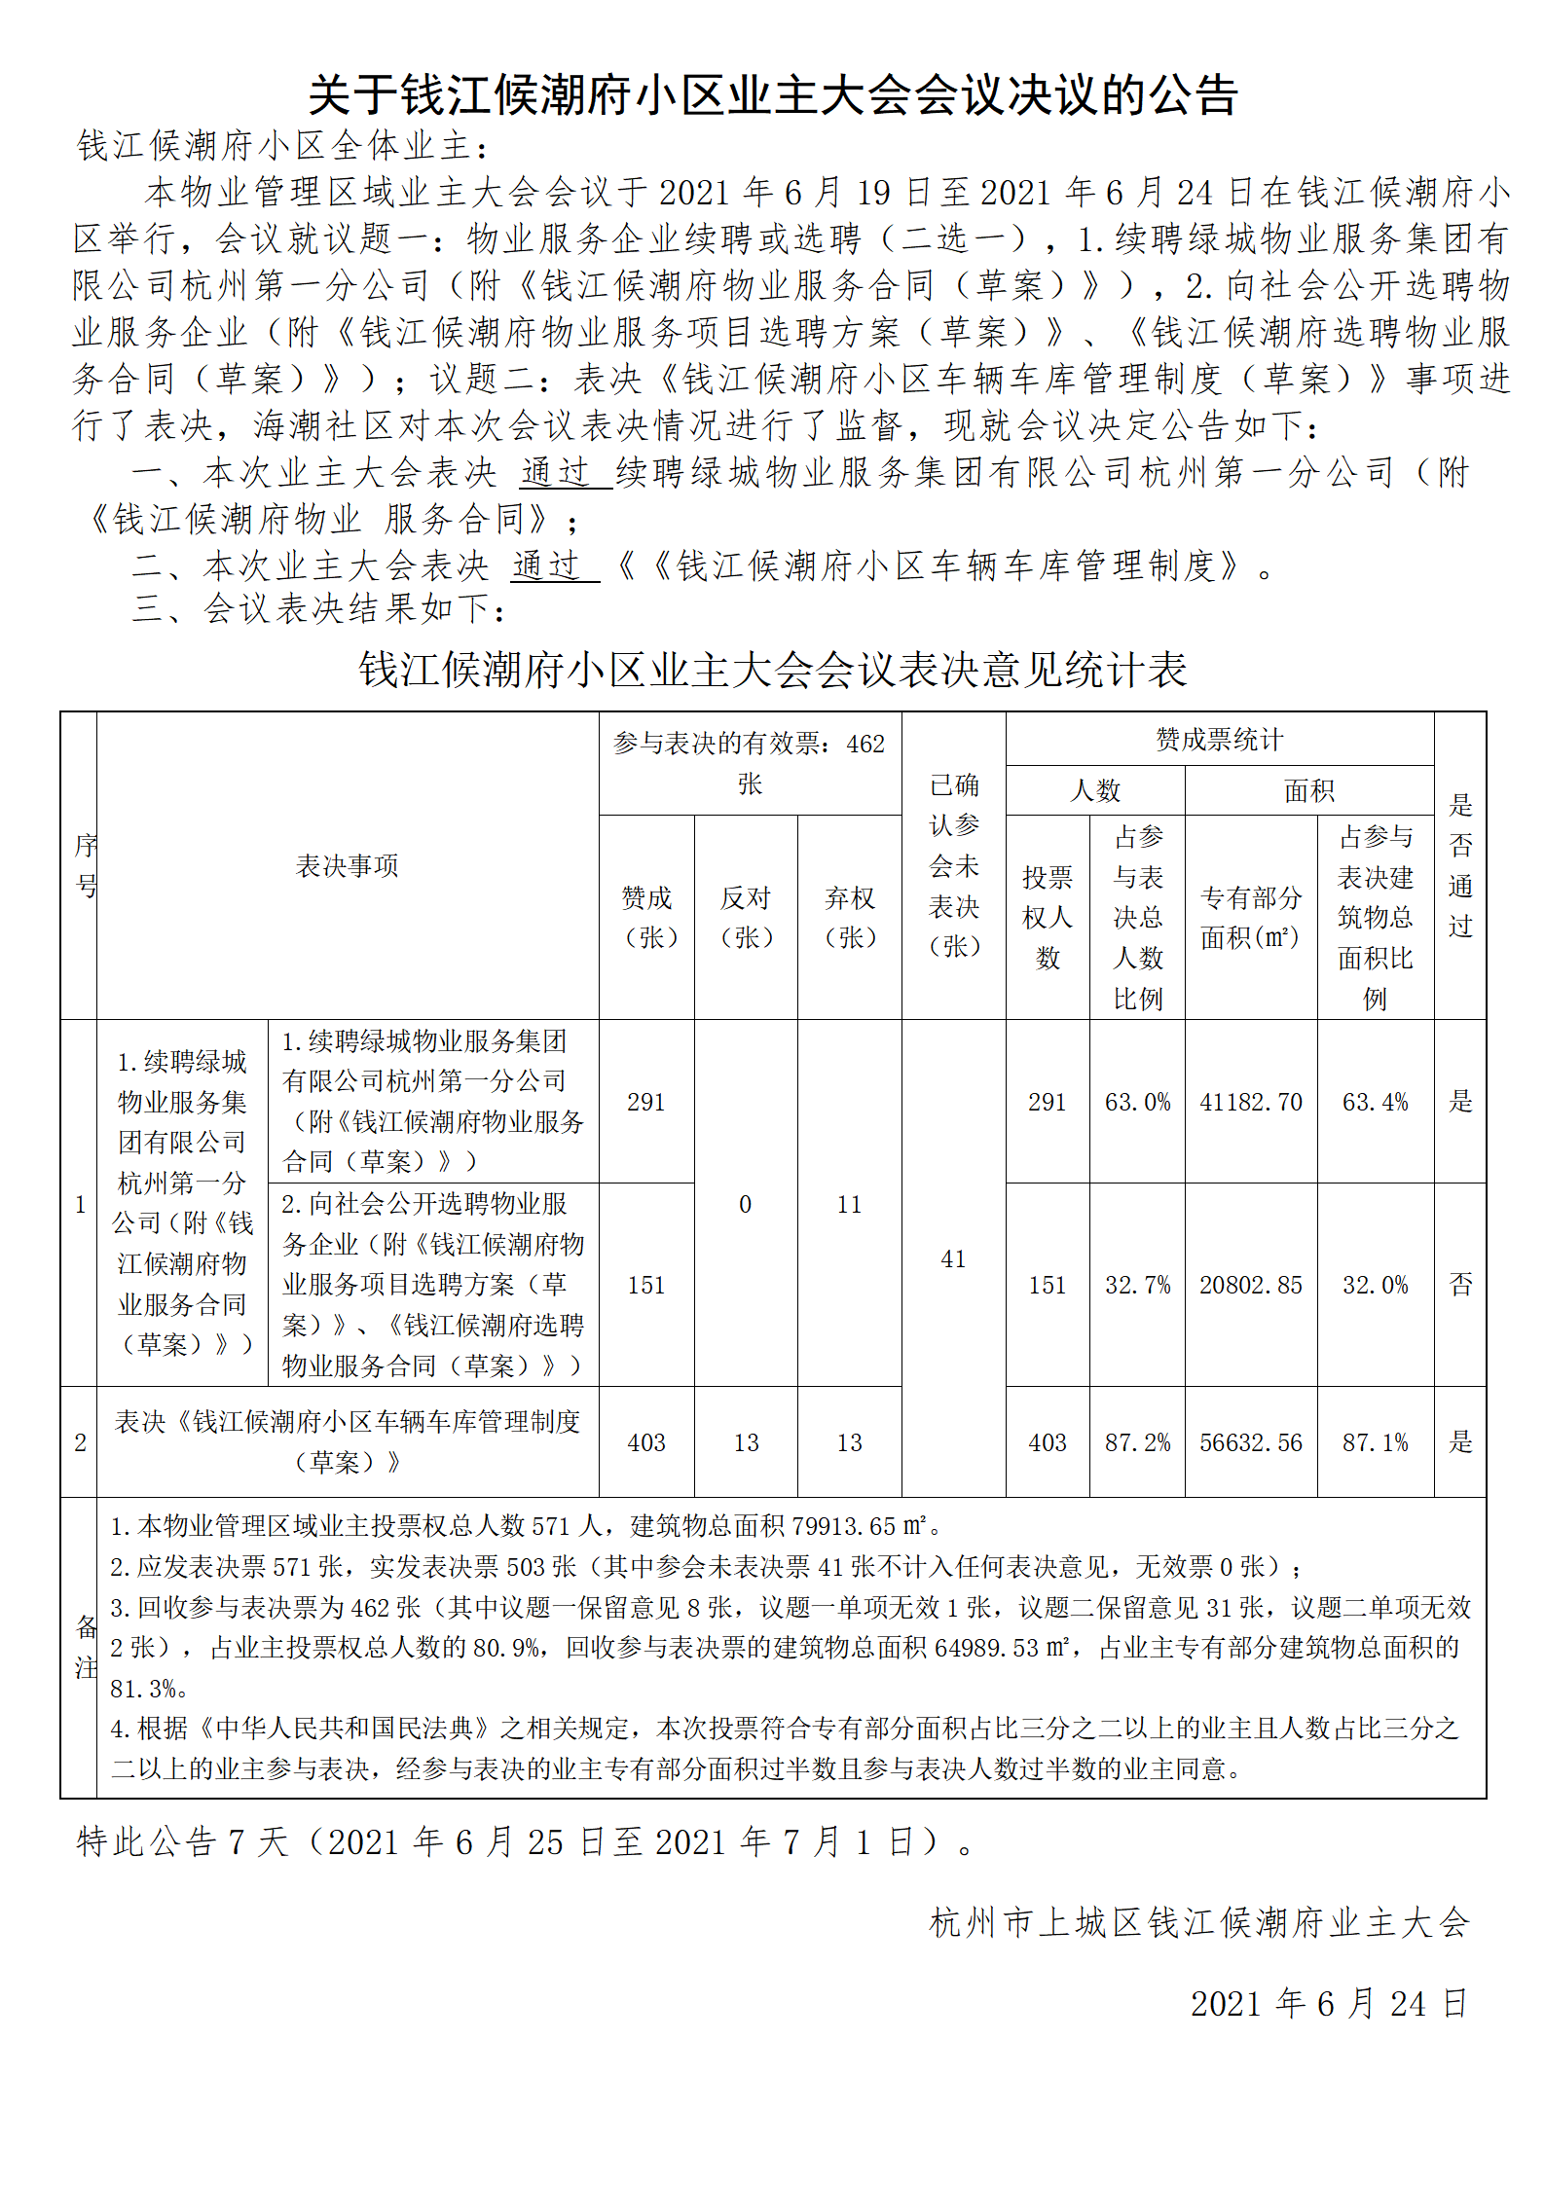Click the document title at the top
point(773,96)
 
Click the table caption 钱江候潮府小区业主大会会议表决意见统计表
point(773,670)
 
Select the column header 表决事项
point(347,865)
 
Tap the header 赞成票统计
point(1219,740)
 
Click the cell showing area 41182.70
point(1250,1102)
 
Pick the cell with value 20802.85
point(1250,1285)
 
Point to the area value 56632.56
point(1250,1442)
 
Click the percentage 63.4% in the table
point(1375,1102)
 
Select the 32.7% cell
point(1137,1285)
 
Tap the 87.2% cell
point(1137,1442)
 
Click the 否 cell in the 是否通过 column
point(1460,1285)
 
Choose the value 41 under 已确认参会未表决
point(953,1258)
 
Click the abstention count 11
point(849,1204)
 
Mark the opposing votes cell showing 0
point(745,1204)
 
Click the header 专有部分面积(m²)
point(1250,917)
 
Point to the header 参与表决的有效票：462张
point(749,763)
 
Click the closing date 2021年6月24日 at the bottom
point(1329,2003)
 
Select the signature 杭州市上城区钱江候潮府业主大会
point(1199,1922)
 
